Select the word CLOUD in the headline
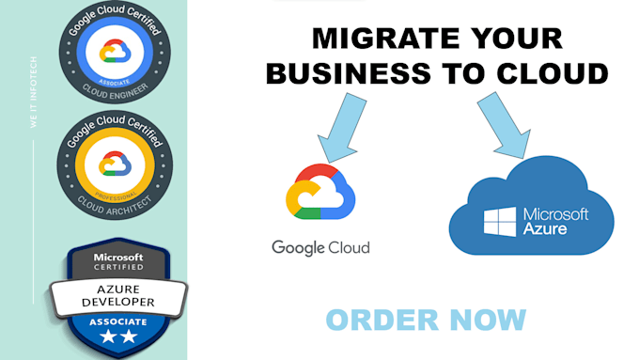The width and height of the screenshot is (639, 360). click(x=555, y=74)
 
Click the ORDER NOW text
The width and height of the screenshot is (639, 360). click(x=426, y=320)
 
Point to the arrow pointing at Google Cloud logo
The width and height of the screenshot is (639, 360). click(x=338, y=132)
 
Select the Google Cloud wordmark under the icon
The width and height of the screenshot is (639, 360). click(x=320, y=248)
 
